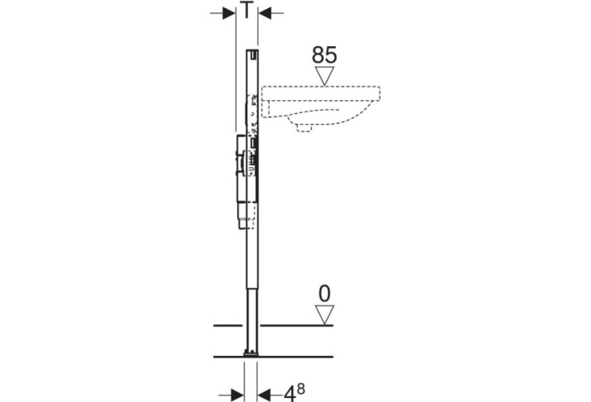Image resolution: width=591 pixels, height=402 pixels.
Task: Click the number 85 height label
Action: (x=325, y=55)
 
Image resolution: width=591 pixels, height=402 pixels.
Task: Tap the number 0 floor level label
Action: (x=325, y=294)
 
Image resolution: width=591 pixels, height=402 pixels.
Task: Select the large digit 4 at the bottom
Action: (x=289, y=395)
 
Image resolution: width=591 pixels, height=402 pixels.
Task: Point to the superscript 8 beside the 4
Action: (x=301, y=388)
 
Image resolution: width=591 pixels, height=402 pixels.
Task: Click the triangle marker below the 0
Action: (x=325, y=315)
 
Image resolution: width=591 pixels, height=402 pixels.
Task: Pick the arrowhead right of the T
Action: (x=265, y=14)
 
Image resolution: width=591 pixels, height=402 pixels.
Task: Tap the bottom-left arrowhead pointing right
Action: (x=238, y=395)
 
